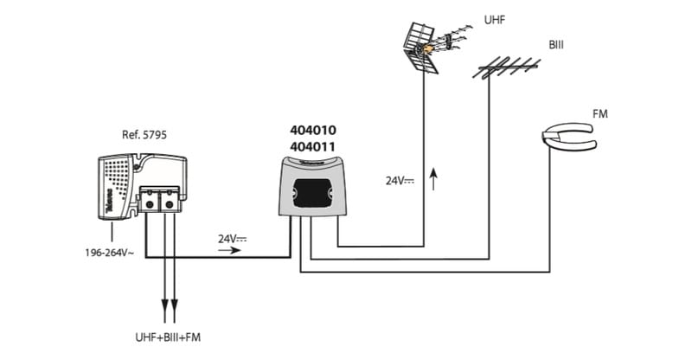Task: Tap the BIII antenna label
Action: pyautogui.click(x=556, y=43)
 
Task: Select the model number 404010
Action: pyautogui.click(x=312, y=130)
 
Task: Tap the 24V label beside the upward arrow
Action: pyautogui.click(x=399, y=181)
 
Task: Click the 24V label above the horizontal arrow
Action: pyautogui.click(x=232, y=237)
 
